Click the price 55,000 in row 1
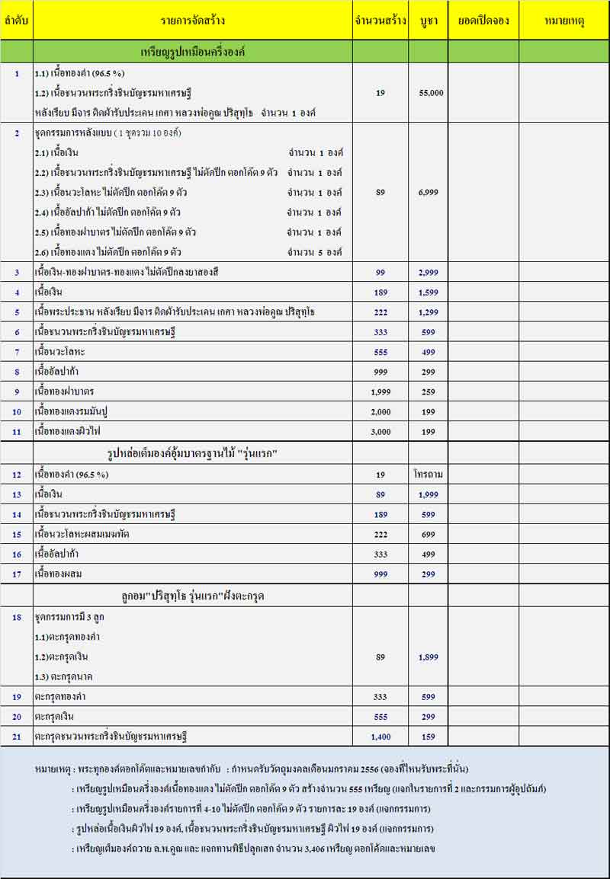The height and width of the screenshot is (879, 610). tap(431, 93)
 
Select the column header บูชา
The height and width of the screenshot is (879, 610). tap(428, 21)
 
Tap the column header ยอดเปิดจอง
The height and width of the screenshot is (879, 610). tap(483, 21)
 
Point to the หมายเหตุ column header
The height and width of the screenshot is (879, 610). tap(564, 21)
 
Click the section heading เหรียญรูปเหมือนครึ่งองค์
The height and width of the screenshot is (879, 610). tap(192, 52)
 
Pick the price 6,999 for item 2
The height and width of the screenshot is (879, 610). tap(429, 193)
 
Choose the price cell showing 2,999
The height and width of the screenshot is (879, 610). tap(429, 272)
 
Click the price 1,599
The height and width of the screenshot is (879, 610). tap(429, 292)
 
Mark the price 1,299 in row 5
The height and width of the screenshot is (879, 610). tap(429, 312)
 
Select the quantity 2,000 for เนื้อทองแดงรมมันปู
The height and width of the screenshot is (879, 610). tap(380, 411)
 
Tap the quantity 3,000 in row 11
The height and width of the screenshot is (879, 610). tap(380, 431)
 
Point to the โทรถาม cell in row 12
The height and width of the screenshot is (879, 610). tap(429, 475)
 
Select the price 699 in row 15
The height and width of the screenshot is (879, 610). tap(429, 535)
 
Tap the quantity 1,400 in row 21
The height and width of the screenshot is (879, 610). tap(380, 737)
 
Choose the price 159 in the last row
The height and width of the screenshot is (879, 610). tap(429, 737)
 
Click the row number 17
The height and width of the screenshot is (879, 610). tap(17, 574)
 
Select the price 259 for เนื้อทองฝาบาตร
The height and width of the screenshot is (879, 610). tap(429, 392)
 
